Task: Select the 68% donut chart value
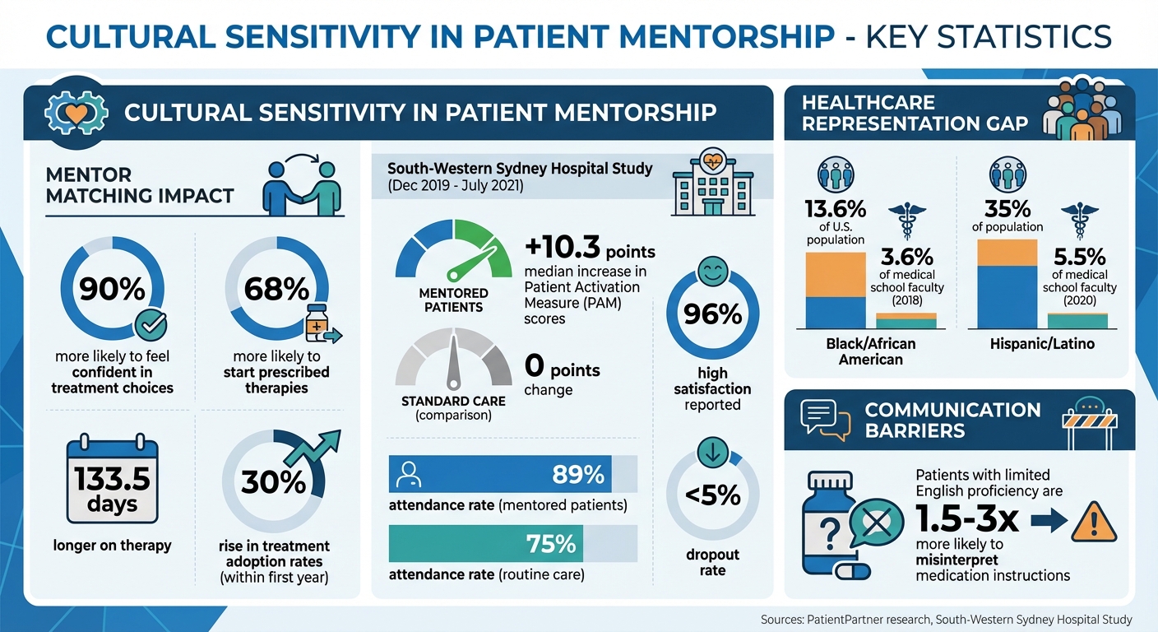click(276, 289)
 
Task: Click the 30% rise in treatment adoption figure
click(273, 481)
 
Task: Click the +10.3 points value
click(589, 248)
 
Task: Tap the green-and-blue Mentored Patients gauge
click(453, 250)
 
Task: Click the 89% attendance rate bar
click(512, 474)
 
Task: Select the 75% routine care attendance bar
click(512, 544)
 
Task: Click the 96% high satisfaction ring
click(712, 314)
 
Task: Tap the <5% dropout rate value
click(712, 495)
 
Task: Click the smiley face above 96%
click(712, 271)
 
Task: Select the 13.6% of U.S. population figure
click(835, 209)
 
